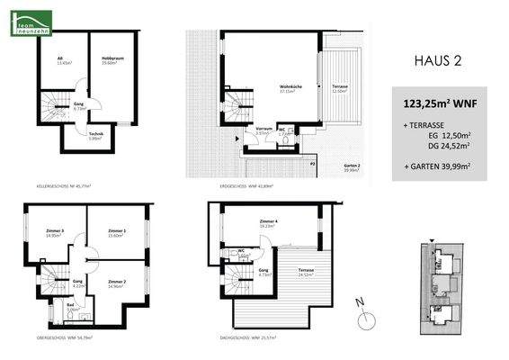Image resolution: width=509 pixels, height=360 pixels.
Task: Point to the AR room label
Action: click(x=60, y=61)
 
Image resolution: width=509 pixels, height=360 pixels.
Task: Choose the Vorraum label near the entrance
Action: click(x=263, y=130)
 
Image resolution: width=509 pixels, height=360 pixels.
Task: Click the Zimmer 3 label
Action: click(x=55, y=232)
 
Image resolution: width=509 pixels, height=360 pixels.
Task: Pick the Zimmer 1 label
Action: click(x=115, y=232)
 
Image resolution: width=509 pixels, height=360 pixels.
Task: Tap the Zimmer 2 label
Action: click(x=114, y=283)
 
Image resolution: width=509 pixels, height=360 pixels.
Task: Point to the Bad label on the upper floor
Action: click(x=70, y=306)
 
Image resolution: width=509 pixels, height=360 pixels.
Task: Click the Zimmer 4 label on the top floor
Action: click(x=266, y=222)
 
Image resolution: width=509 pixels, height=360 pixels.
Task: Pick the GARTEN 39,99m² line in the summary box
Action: click(x=439, y=167)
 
